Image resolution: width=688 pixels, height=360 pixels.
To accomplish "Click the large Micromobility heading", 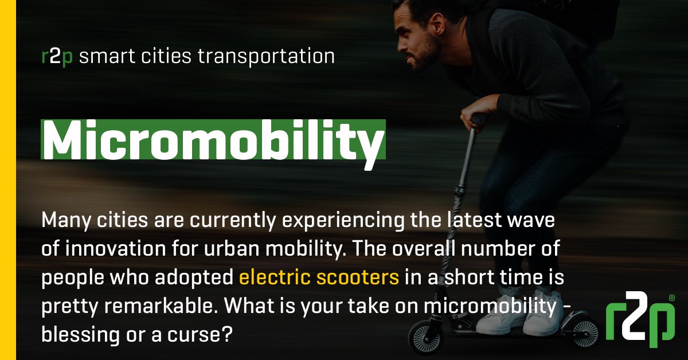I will [212, 139].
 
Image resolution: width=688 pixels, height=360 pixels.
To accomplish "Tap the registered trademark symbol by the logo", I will [671, 299].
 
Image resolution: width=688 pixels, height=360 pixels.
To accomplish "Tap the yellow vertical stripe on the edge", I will [8, 180].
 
